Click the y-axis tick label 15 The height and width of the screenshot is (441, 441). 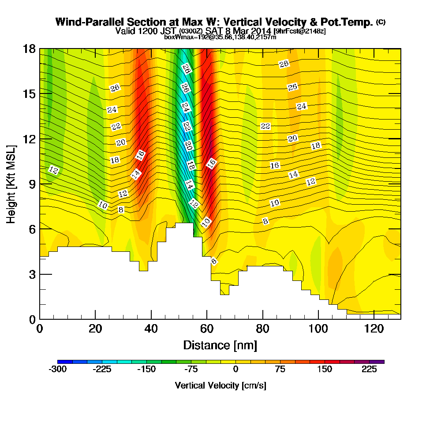29,94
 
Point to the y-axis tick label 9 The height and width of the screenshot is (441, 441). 32,184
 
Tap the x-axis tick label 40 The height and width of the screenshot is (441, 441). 151,329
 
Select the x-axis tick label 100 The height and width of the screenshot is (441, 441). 318,329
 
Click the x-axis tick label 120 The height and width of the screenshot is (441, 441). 374,329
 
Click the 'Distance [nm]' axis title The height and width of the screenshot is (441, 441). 220,345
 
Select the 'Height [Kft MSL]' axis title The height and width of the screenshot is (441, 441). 11,184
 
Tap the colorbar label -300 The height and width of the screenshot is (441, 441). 58,369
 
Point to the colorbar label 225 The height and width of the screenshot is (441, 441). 369,369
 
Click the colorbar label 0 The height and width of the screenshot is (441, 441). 235,369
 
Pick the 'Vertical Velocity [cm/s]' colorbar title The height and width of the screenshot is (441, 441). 220,385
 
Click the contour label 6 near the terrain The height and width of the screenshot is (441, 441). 214,261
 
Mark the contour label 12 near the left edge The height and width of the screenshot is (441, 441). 53,170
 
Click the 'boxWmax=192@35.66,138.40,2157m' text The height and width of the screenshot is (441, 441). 220,37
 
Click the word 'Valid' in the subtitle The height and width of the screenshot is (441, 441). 125,31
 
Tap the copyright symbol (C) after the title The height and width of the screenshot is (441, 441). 381,22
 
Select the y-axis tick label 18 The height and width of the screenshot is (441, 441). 29,49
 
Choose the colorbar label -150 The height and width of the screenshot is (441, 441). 146,369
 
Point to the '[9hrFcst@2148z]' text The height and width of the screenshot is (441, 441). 300,31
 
